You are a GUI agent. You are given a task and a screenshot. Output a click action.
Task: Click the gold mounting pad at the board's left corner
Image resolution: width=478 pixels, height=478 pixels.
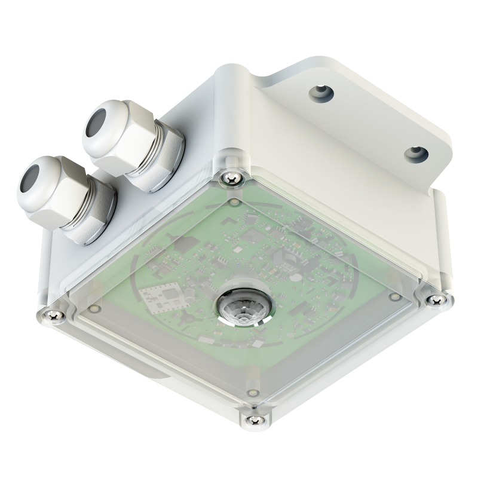[x=93, y=308]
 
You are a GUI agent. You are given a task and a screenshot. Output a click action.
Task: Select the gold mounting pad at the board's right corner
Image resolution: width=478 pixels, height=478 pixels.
[x=394, y=296]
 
